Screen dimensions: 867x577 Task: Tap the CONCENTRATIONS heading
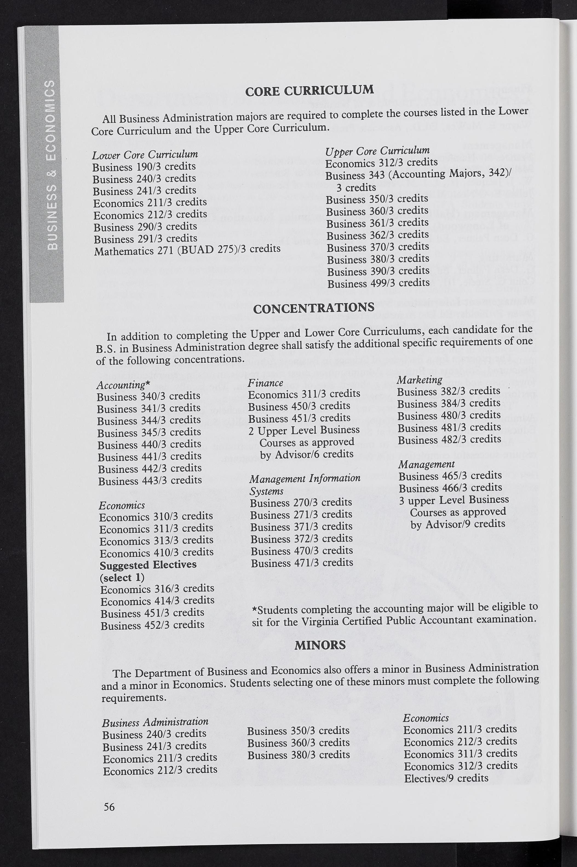[314, 308]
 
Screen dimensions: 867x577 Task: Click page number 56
[109, 806]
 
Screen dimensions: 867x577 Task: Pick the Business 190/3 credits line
[144, 167]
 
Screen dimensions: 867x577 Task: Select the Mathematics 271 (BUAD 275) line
[187, 250]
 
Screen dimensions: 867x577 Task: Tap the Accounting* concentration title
[123, 385]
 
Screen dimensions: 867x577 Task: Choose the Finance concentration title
[265, 383]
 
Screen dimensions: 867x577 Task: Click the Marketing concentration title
[419, 380]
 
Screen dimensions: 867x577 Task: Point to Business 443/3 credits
[150, 480]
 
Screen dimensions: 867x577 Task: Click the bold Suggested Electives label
[148, 564]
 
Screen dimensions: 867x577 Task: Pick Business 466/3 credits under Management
[450, 488]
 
